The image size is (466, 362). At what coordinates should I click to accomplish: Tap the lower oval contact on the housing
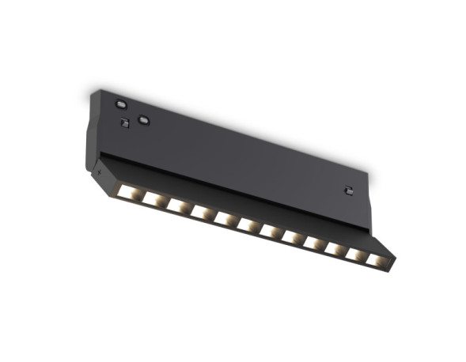[x=143, y=119]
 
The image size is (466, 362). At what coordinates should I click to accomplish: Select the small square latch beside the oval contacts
[x=124, y=123]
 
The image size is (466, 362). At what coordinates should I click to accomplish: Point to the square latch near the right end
[x=347, y=189]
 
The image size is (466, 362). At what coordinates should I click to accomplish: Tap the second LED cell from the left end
[x=152, y=198]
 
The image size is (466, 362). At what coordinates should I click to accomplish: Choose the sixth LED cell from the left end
[x=247, y=224]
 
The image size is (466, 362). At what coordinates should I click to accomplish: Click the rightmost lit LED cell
[x=377, y=260]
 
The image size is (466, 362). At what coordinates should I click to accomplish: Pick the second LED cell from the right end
[x=356, y=255]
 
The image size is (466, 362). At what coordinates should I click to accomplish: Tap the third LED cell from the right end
[x=335, y=248]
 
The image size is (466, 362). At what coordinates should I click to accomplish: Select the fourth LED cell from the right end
[x=313, y=243]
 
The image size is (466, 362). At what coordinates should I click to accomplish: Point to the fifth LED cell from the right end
[x=291, y=236]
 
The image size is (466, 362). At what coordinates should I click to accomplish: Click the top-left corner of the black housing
[x=92, y=92]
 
